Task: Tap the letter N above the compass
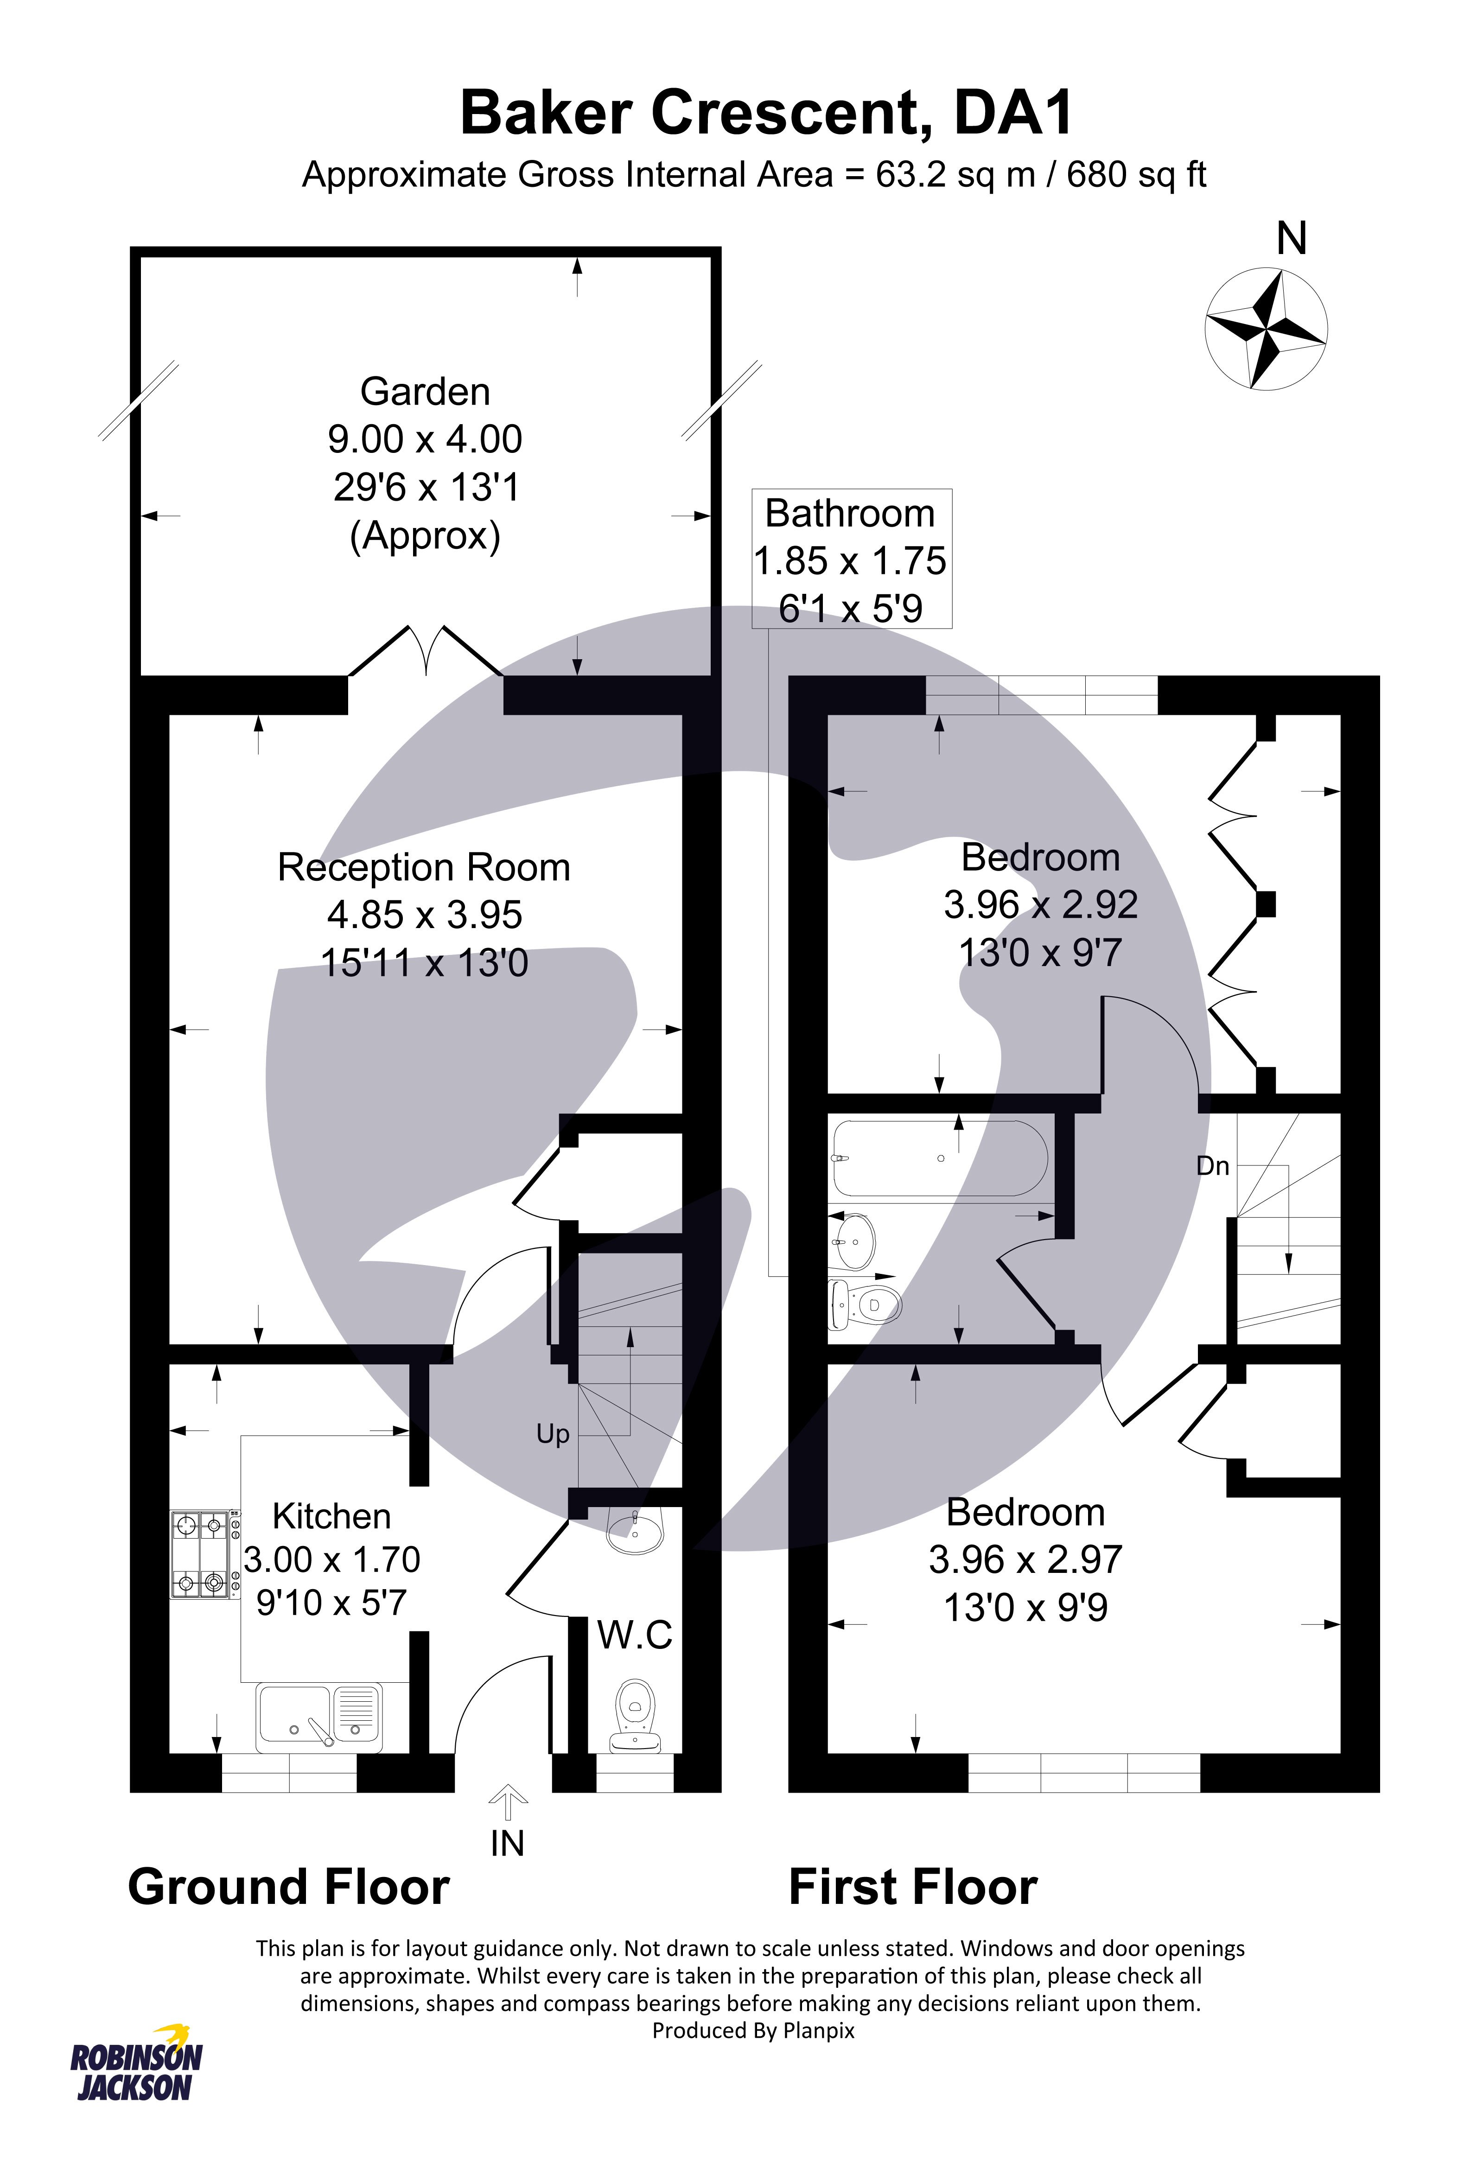[1291, 240]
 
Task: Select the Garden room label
[425, 392]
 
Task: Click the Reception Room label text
[424, 868]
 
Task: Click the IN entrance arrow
[508, 1805]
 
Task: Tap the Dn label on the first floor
[1212, 1166]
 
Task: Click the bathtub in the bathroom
[941, 1158]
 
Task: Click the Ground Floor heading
[289, 1887]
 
